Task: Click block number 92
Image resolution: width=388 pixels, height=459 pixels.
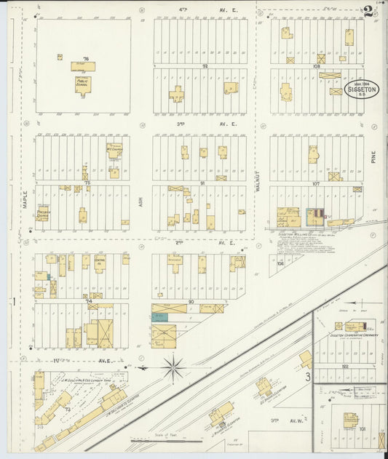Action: point(205,66)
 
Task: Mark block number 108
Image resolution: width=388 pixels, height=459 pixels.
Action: point(316,66)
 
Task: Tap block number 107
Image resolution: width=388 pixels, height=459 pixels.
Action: point(316,183)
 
